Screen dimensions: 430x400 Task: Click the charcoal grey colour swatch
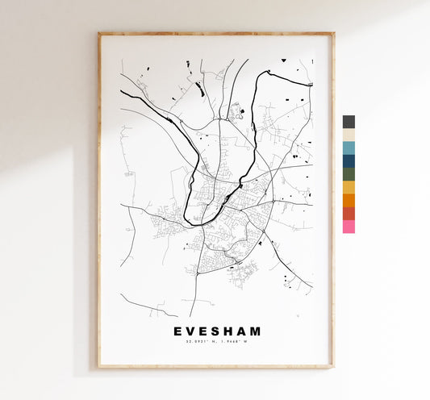[349, 122]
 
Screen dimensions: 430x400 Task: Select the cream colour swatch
[349, 135]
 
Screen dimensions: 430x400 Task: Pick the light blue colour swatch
[349, 148]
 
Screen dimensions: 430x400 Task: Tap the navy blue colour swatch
[349, 160]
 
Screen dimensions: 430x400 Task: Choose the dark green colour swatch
[349, 173]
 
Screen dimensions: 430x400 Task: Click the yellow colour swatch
[349, 187]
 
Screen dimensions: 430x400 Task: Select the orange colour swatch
[349, 200]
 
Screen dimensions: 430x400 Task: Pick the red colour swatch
[349, 213]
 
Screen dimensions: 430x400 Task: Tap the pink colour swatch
[349, 227]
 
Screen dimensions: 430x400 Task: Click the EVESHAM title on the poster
[217, 331]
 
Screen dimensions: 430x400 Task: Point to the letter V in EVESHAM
[191, 331]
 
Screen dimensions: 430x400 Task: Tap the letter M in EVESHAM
[257, 331]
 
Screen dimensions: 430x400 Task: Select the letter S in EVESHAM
[218, 331]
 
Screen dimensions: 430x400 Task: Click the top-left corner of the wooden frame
[99, 34]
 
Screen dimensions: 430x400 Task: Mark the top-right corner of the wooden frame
[332, 34]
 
